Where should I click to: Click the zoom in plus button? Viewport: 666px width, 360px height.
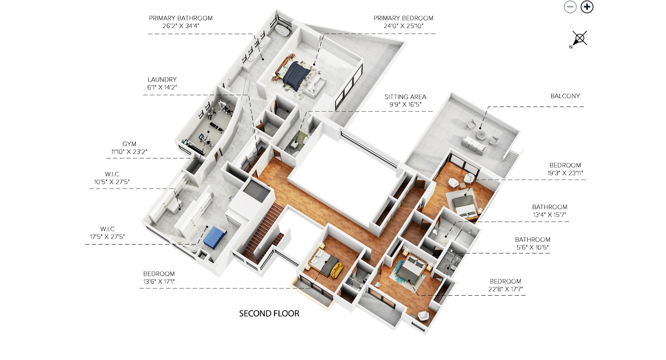click(x=587, y=7)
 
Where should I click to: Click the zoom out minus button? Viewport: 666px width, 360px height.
click(x=570, y=7)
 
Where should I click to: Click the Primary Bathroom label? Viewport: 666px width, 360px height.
click(x=181, y=18)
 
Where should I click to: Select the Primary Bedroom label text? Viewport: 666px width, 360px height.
click(x=403, y=18)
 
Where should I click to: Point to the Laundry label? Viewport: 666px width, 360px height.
click(x=162, y=80)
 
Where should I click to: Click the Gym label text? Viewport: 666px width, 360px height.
click(x=129, y=144)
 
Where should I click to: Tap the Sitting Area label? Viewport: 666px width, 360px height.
click(x=405, y=97)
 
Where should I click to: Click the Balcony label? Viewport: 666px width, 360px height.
click(x=565, y=96)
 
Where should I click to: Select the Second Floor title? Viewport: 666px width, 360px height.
click(x=269, y=314)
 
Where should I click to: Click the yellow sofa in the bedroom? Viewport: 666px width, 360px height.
click(x=336, y=270)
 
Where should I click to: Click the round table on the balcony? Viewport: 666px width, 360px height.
click(x=481, y=134)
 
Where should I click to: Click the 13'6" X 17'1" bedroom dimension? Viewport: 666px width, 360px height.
click(x=159, y=282)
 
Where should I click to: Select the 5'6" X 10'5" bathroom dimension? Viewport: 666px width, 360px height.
click(x=532, y=248)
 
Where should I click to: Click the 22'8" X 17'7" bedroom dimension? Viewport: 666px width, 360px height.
click(x=505, y=289)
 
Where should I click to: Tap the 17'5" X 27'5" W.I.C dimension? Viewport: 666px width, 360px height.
click(x=107, y=237)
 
